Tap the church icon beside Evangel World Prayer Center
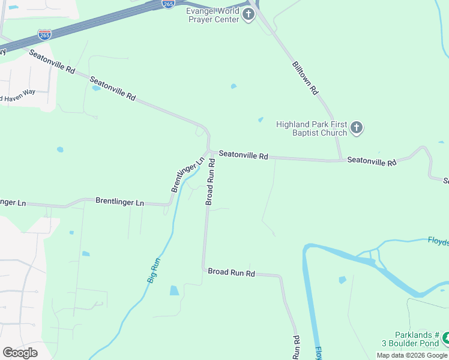[249, 14]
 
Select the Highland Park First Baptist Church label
[312, 128]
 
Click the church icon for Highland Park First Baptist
[357, 128]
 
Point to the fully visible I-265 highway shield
[44, 35]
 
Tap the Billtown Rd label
[305, 78]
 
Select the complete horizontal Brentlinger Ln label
[120, 202]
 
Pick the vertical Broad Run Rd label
[210, 182]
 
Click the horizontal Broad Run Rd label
[232, 272]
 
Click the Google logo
[20, 352]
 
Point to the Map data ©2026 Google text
[412, 355]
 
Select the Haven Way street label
[18, 95]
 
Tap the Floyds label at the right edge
[438, 241]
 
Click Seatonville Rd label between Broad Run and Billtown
[243, 155]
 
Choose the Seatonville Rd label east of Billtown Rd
[372, 161]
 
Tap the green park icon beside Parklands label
[445, 339]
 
